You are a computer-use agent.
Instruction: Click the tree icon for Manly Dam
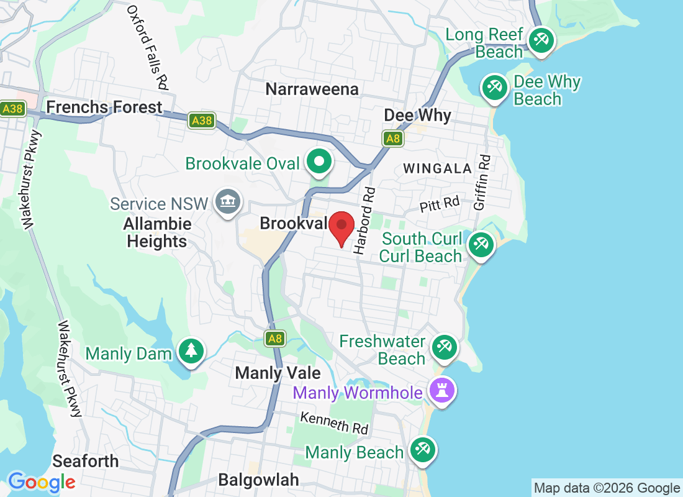tap(191, 352)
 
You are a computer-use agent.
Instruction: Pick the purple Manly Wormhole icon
tap(443, 391)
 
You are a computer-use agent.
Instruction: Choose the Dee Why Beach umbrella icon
tap(495, 87)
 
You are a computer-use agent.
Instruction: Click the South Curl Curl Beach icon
tap(481, 244)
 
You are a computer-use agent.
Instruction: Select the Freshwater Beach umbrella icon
tap(443, 347)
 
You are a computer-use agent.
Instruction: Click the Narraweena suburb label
tap(312, 89)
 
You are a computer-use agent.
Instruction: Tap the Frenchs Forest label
tap(104, 107)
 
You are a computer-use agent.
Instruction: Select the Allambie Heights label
tap(156, 232)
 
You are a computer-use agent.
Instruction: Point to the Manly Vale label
tap(278, 373)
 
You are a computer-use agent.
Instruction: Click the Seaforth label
tap(85, 461)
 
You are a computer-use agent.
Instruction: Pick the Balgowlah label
tap(258, 480)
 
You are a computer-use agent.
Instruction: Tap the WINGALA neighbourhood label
tap(438, 168)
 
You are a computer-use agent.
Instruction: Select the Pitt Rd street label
tap(440, 204)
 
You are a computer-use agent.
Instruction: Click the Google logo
tap(42, 482)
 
